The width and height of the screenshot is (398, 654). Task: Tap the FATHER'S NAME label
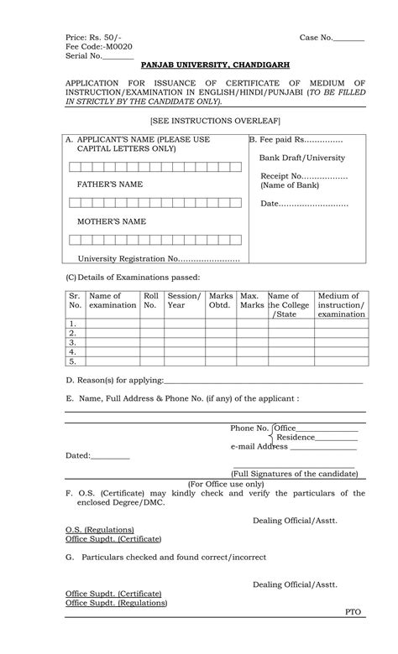coord(110,184)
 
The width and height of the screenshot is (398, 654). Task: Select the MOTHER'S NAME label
coord(112,221)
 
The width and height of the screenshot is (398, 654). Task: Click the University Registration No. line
coord(159,258)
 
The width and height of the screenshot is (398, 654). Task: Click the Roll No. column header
coord(151,300)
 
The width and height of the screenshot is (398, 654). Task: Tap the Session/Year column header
coord(184,300)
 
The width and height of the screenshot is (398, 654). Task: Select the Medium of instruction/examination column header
coord(341,305)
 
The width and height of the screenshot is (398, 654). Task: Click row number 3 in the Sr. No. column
coord(73,342)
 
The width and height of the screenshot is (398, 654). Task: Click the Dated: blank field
coord(110,456)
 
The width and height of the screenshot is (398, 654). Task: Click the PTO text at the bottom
coord(353,612)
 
